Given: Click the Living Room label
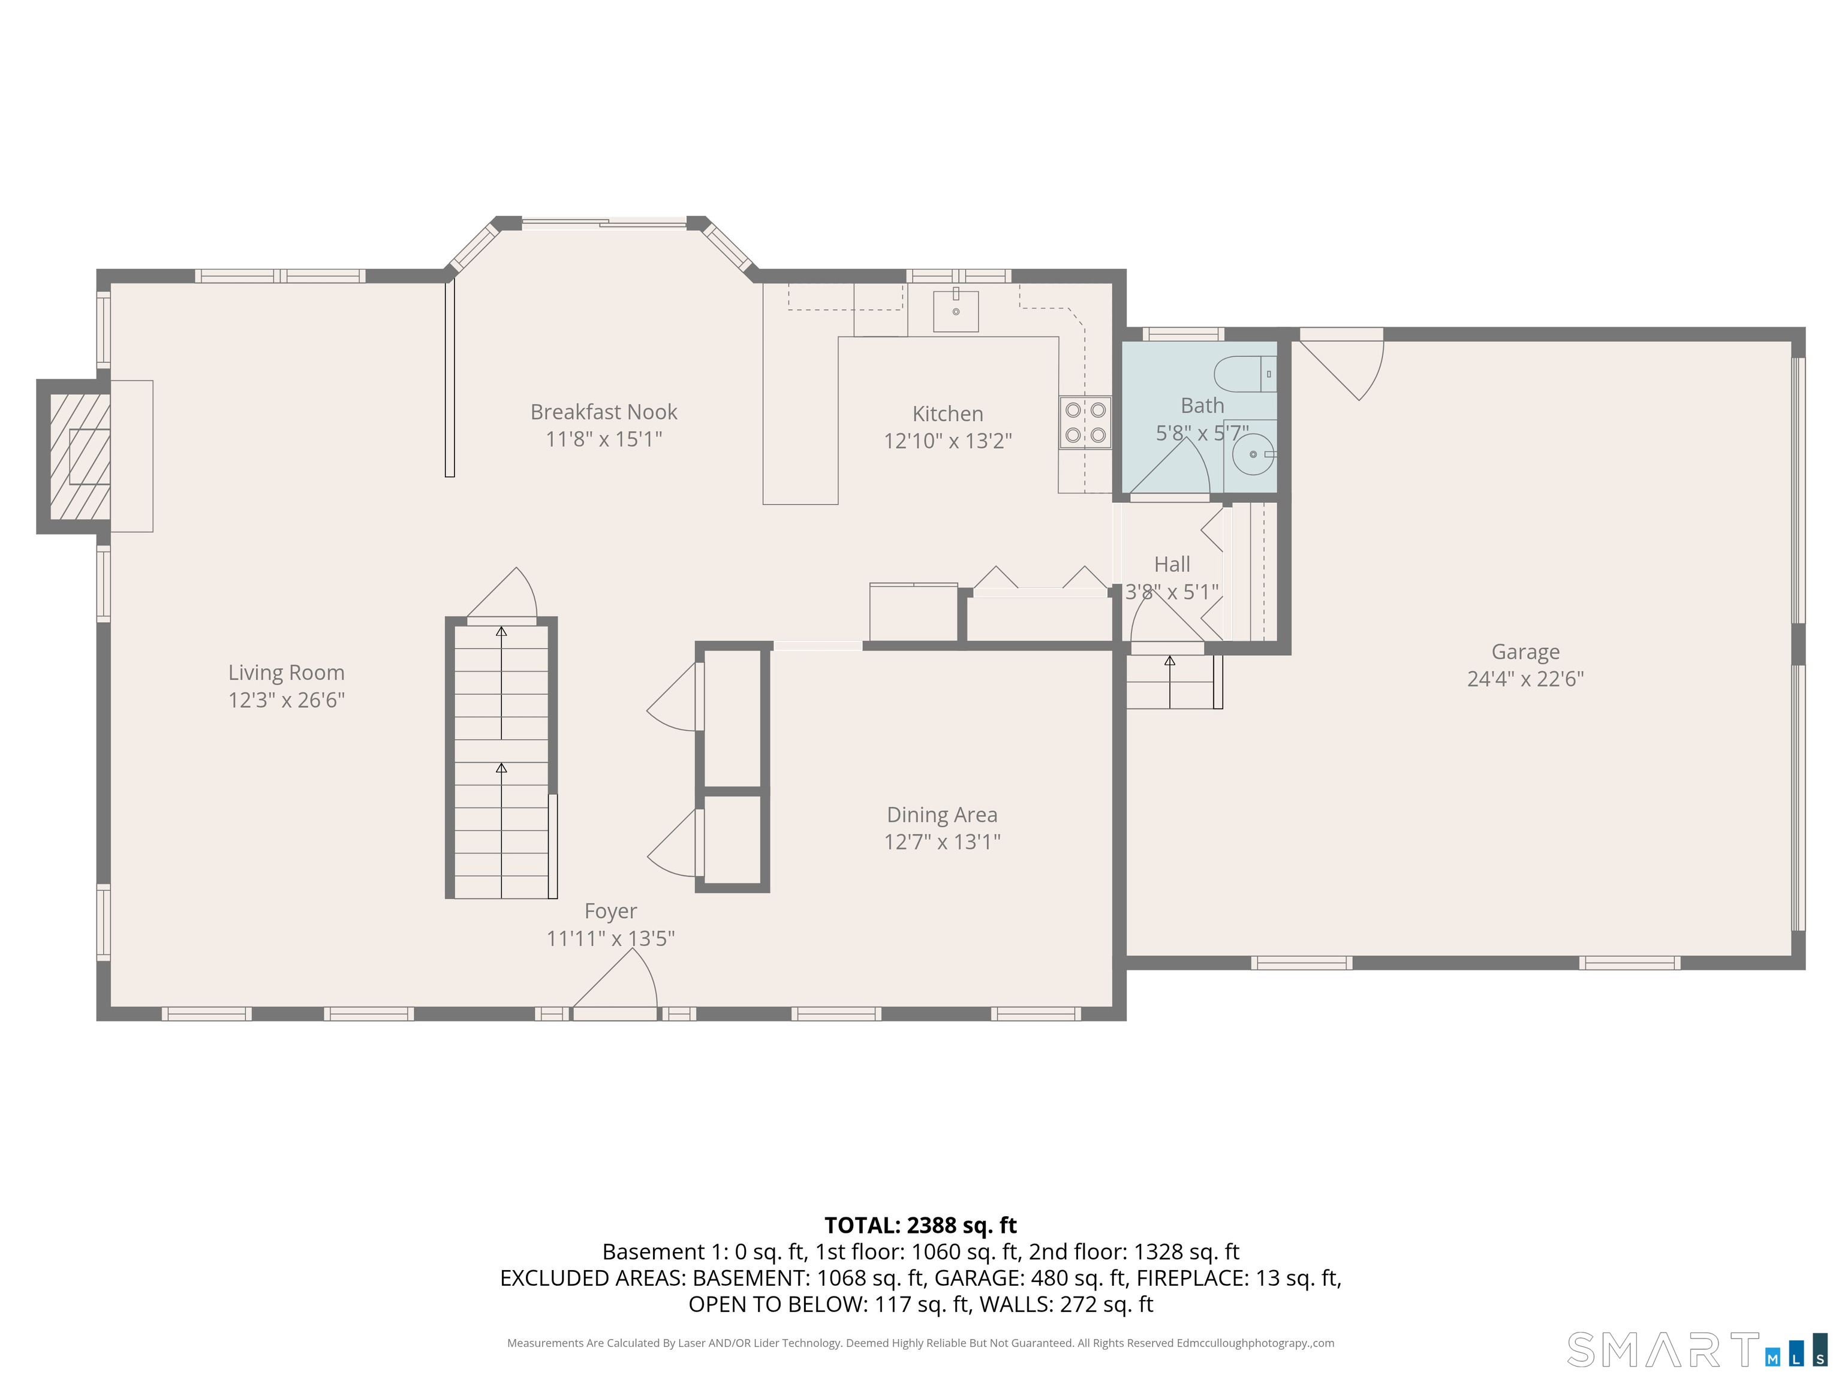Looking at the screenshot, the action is [x=287, y=673].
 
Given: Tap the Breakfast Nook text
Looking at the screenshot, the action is [x=604, y=412].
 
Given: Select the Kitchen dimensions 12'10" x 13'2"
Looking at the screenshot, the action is [x=947, y=441].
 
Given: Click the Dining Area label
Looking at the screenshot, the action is [x=942, y=815].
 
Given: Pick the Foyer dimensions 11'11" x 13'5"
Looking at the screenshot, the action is [x=610, y=938].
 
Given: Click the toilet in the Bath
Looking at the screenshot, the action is [x=1245, y=374].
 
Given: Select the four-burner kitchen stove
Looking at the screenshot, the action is [x=1085, y=422].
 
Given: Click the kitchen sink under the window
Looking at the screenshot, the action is [x=956, y=310].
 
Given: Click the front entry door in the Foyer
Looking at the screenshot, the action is [x=615, y=984].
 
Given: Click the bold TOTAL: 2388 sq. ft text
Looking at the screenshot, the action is [x=920, y=1225].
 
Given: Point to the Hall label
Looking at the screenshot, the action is [x=1172, y=565].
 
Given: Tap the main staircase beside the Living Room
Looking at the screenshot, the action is [x=501, y=758].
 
